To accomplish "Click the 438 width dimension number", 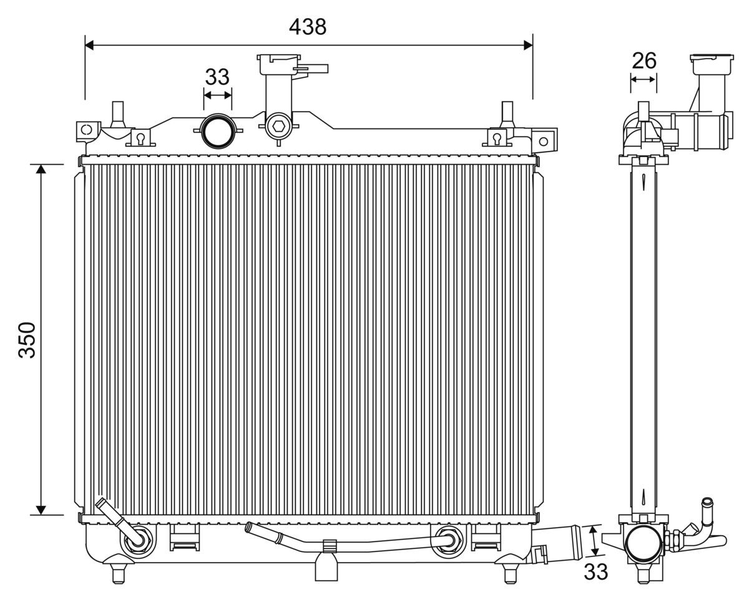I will click(308, 26).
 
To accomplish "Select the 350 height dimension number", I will click(27, 340).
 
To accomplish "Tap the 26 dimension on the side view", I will click(644, 61).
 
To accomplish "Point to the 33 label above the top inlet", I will click(217, 77).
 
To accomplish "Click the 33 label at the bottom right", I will click(595, 571).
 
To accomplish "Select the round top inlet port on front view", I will click(217, 130).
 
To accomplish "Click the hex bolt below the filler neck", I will click(278, 125).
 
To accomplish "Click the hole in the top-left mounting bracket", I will click(87, 130).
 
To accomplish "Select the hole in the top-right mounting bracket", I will click(544, 141).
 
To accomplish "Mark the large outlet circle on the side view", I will click(644, 543).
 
